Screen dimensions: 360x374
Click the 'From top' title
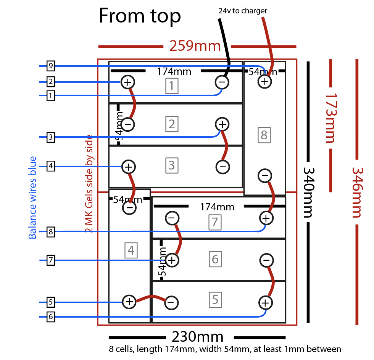(140, 16)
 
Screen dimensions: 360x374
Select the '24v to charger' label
(243, 11)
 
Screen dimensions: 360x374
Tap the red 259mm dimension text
(195, 46)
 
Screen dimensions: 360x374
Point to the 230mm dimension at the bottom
(197, 337)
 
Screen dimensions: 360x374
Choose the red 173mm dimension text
(329, 118)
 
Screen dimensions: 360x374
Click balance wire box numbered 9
(50, 66)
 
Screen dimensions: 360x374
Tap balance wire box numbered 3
(50, 137)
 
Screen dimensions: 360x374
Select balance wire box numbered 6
(50, 316)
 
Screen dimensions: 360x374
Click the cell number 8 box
(264, 135)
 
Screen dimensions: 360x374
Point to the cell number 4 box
(131, 250)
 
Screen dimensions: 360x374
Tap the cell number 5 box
(215, 300)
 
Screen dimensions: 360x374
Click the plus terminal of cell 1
(127, 81)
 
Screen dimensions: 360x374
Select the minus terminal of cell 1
(222, 82)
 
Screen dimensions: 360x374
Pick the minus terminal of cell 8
(265, 176)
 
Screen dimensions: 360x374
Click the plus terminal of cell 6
(172, 260)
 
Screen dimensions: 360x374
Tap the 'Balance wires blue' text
(33, 197)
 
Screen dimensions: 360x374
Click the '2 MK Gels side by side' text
(90, 183)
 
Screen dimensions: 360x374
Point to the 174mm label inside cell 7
(217, 207)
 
